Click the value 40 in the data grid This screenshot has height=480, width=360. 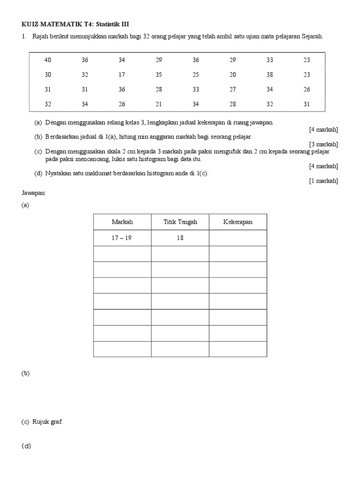48,60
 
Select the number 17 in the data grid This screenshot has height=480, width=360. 122,75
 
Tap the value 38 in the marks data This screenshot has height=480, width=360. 270,75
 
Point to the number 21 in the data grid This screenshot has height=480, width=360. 159,104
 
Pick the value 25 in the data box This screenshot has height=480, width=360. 196,75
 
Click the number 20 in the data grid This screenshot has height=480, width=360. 233,75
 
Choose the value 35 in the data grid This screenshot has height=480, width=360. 159,75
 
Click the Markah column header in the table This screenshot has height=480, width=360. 122,222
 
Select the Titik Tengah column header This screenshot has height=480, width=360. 180,222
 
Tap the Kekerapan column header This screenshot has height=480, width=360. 238,222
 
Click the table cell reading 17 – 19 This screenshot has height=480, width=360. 122,238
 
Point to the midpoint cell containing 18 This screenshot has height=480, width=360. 180,238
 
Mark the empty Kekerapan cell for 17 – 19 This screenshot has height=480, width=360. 238,238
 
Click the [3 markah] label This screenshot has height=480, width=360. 323,144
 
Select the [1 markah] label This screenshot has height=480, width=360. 323,181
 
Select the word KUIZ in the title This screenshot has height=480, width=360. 30,24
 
